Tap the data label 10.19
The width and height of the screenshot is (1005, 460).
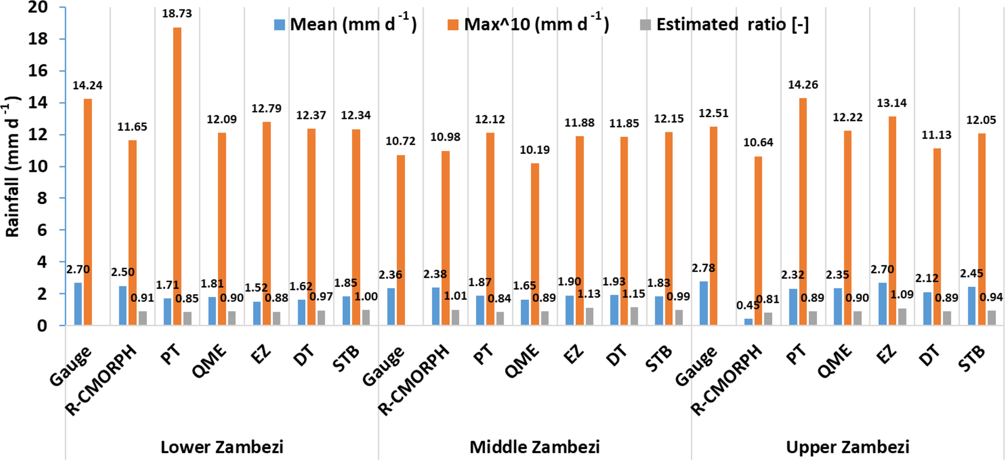click(535, 150)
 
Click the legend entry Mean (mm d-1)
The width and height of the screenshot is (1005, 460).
click(345, 24)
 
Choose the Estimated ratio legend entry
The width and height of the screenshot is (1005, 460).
click(724, 24)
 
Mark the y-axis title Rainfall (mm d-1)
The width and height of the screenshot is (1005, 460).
click(13, 166)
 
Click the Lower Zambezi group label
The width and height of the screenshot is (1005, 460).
click(222, 447)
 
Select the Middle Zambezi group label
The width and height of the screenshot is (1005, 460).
click(534, 447)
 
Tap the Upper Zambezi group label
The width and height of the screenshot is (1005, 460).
click(847, 447)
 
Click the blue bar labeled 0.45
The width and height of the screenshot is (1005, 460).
click(748, 322)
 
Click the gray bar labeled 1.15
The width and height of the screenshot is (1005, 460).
click(634, 316)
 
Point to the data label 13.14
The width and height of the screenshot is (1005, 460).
click(892, 103)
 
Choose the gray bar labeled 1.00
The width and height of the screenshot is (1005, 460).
click(366, 317)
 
